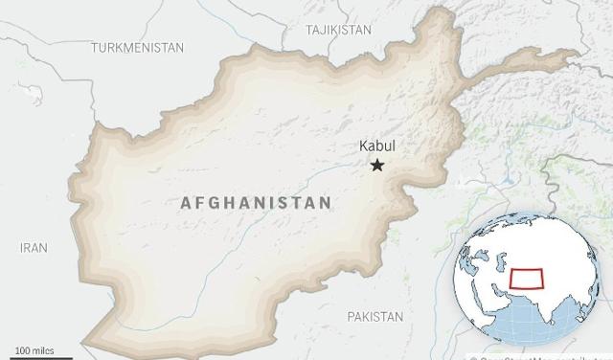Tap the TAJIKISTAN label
pos(338,30)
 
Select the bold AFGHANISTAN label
pos(256,203)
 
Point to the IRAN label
pos(34,248)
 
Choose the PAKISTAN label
pos(375,316)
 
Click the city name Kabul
pos(376,146)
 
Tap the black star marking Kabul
pos(377,166)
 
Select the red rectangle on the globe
pos(529,279)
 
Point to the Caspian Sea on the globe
pos(501,260)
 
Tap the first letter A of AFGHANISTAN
pos(186,203)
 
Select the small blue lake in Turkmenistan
pos(33,94)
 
